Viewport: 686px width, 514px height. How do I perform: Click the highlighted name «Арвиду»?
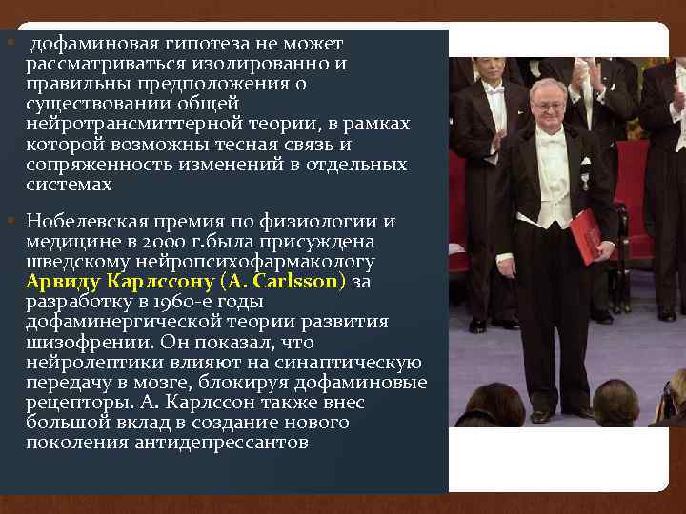pyautogui.click(x=67, y=282)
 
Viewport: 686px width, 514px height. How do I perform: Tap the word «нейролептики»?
pyautogui.click(x=91, y=362)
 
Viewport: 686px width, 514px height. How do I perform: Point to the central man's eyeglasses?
pyautogui.click(x=546, y=99)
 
